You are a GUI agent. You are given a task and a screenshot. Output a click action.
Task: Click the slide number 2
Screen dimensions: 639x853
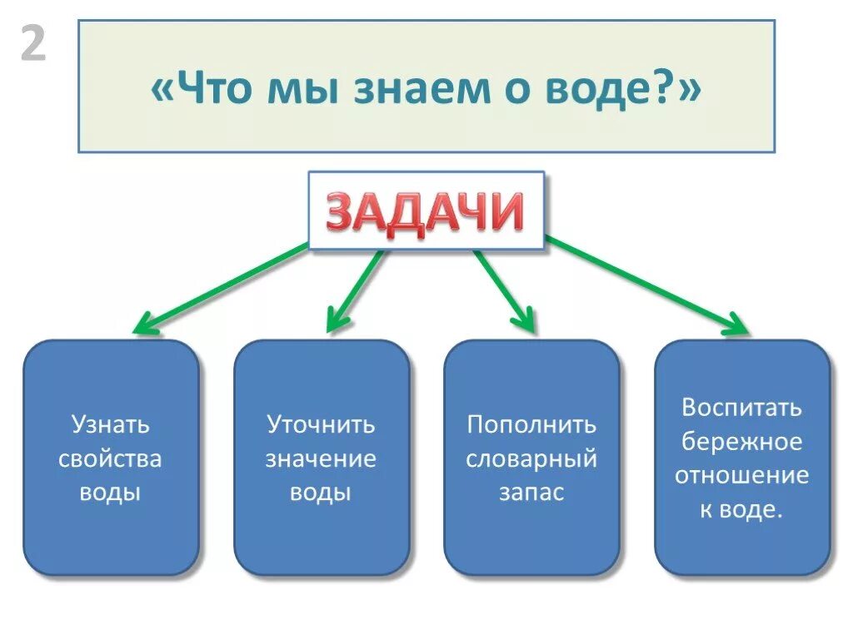click(x=32, y=46)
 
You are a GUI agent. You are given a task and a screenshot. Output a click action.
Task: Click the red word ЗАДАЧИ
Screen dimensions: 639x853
click(x=426, y=212)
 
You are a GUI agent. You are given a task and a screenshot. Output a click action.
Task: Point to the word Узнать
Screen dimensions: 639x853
click(x=110, y=424)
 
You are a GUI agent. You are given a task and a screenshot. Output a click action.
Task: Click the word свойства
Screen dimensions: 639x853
click(x=110, y=458)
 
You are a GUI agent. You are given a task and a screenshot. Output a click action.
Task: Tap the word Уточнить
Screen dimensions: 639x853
click(x=321, y=424)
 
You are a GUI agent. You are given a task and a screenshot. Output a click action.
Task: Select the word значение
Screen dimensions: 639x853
click(x=321, y=458)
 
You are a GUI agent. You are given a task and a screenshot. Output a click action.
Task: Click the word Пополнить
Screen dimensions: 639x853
click(x=531, y=424)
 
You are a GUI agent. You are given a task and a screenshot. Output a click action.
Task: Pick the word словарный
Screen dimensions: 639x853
click(x=531, y=458)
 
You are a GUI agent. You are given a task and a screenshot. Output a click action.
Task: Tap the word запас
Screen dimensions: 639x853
click(x=531, y=493)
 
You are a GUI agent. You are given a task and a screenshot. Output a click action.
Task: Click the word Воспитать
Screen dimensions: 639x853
click(x=742, y=408)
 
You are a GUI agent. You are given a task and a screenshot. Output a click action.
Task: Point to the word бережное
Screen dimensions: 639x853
click(x=742, y=442)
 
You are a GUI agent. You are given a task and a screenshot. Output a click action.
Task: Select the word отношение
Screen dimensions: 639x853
click(x=742, y=476)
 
